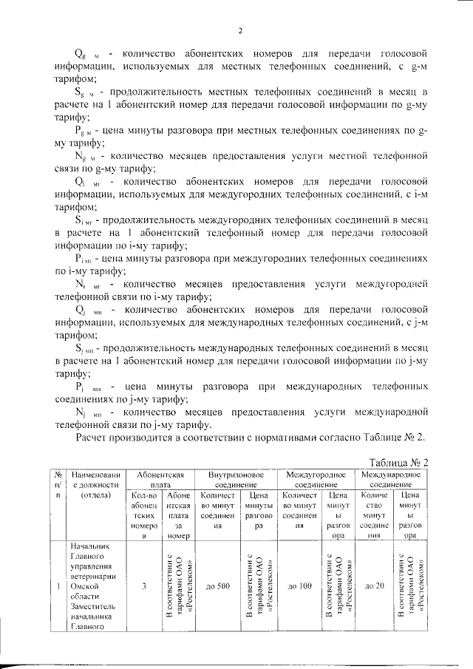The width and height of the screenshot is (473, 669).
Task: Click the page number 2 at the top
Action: pos(240,31)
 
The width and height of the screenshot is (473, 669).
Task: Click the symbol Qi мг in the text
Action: pos(89,181)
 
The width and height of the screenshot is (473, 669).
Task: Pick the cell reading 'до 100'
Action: pos(299,587)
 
